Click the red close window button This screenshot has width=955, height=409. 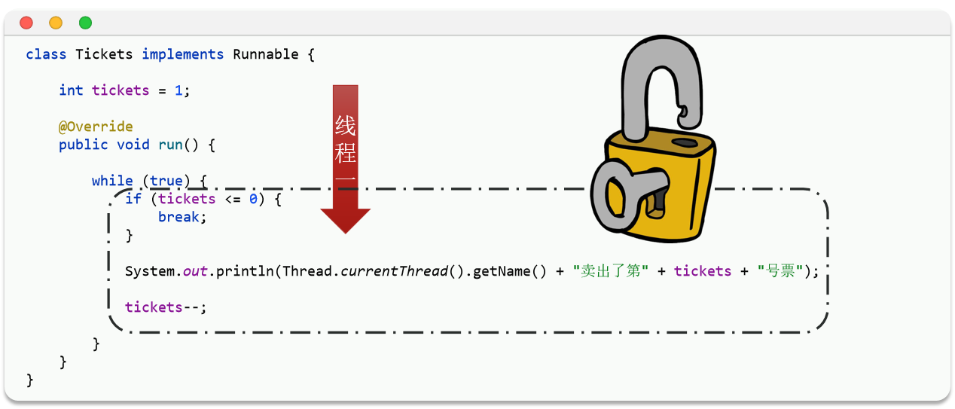[26, 23]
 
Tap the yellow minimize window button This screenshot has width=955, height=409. [56, 23]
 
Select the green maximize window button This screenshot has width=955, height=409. [85, 23]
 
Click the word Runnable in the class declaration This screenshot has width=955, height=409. [266, 54]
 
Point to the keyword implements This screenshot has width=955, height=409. [182, 54]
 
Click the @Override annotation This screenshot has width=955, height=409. [96, 127]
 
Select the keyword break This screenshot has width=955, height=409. [178, 217]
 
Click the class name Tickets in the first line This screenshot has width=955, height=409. [104, 54]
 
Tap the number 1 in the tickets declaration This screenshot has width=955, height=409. [178, 90]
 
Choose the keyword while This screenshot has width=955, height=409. [112, 181]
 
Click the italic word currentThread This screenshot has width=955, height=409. [395, 271]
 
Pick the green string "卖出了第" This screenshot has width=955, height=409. [611, 271]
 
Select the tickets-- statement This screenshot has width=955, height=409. [165, 307]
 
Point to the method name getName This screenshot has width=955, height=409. [502, 271]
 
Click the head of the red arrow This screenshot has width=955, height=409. [345, 218]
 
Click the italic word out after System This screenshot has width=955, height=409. [195, 271]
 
